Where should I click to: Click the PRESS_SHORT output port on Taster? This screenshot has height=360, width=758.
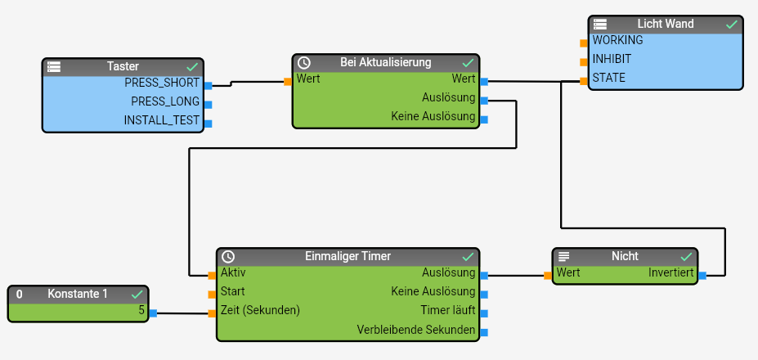pyautogui.click(x=208, y=85)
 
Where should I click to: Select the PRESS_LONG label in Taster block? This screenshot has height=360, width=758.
pyautogui.click(x=164, y=101)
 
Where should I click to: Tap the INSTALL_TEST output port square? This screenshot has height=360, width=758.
pyautogui.click(x=208, y=124)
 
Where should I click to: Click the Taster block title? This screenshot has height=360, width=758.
pyautogui.click(x=123, y=65)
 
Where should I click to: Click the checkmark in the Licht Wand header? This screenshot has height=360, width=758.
pyautogui.click(x=732, y=25)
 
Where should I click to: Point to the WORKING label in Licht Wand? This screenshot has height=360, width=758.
pyautogui.click(x=617, y=40)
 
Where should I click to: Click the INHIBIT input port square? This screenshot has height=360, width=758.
pyautogui.click(x=584, y=61)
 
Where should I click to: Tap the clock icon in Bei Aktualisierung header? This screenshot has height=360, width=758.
pyautogui.click(x=303, y=63)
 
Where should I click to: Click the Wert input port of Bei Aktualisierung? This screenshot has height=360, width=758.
pyautogui.click(x=288, y=81)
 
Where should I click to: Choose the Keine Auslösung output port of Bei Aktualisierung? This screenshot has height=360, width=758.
pyautogui.click(x=484, y=119)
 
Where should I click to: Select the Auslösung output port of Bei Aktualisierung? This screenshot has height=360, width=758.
pyautogui.click(x=484, y=101)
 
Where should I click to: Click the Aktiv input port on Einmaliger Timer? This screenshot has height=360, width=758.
pyautogui.click(x=212, y=275)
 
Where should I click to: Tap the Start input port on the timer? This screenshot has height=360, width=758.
pyautogui.click(x=212, y=294)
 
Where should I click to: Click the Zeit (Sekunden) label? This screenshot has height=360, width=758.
pyautogui.click(x=260, y=310)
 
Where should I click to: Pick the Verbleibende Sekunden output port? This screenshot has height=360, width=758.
pyautogui.click(x=484, y=332)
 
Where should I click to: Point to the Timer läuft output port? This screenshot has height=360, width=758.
pyautogui.click(x=484, y=313)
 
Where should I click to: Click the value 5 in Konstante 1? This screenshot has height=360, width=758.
pyautogui.click(x=141, y=310)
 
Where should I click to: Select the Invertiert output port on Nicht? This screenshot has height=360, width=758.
pyautogui.click(x=702, y=276)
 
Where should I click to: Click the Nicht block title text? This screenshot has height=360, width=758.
pyautogui.click(x=625, y=256)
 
